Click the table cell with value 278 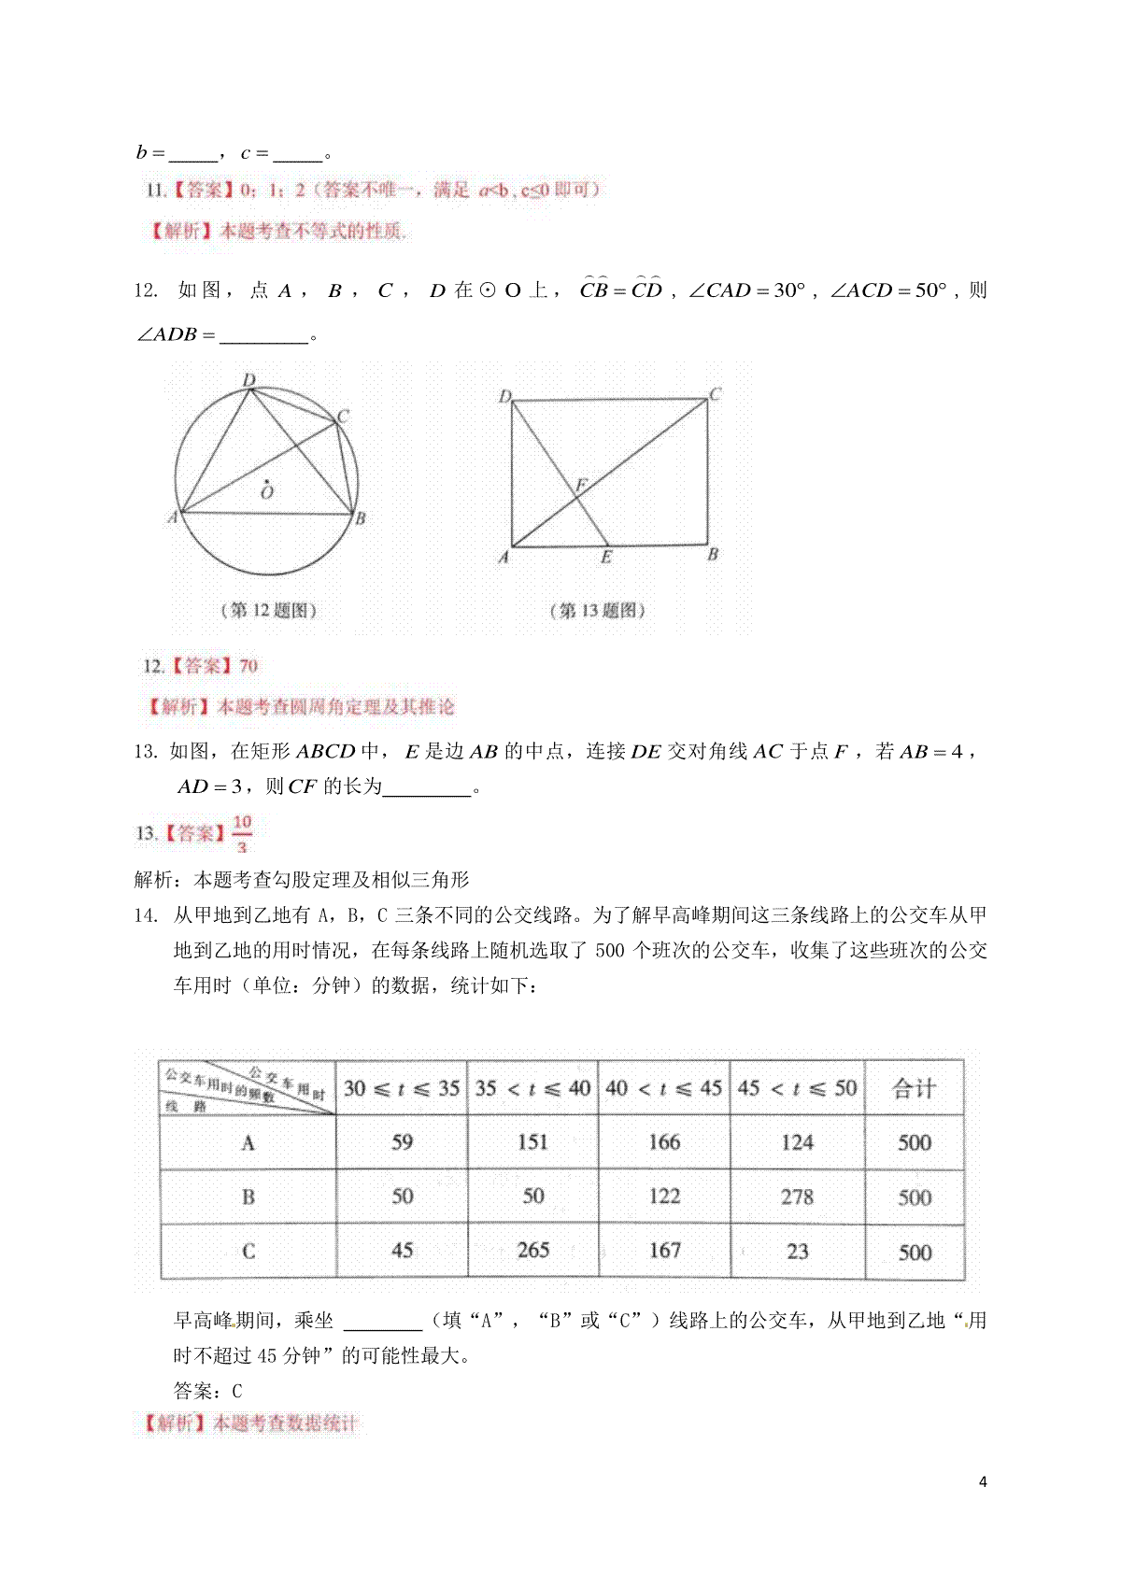point(797,1197)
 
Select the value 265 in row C point(533,1251)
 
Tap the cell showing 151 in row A point(532,1142)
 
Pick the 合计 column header point(914,1088)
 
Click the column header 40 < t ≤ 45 point(663,1088)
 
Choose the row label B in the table point(248,1197)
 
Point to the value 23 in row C point(797,1252)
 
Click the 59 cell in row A point(402,1142)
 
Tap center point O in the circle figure point(267,489)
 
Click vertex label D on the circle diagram point(248,380)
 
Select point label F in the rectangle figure point(580,486)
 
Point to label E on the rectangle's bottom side point(606,558)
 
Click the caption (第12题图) point(269,611)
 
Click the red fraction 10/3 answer point(242,834)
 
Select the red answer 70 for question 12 point(248,666)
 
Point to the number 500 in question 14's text point(609,951)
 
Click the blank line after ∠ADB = point(263,335)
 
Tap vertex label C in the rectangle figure point(715,394)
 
